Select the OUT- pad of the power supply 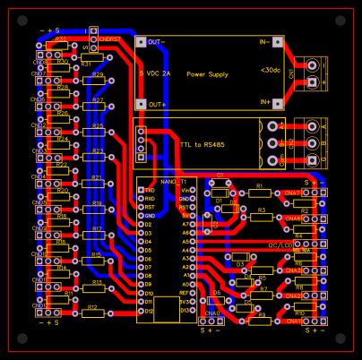(x=141, y=41)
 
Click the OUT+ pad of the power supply (x=141, y=105)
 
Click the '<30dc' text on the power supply (x=268, y=70)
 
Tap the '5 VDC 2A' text (x=153, y=72)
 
